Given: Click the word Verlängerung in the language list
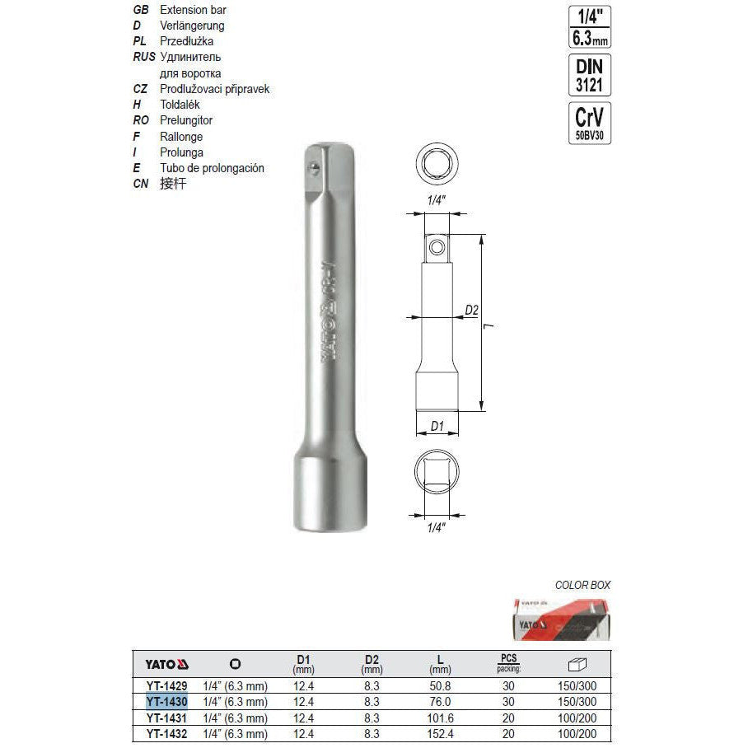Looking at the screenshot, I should tap(193, 26).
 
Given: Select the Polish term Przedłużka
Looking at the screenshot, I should tap(186, 41).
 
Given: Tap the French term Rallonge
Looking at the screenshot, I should tap(181, 136).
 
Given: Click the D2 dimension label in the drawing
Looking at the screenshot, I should tap(471, 311).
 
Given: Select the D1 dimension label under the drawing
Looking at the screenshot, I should tap(437, 426).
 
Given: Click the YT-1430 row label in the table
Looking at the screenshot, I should tap(167, 702).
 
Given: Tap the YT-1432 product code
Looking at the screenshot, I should tap(167, 732).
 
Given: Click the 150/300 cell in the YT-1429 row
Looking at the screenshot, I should tap(577, 686).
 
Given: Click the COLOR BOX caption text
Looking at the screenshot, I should tap(583, 585).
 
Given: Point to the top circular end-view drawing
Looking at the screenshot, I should tap(437, 166).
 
